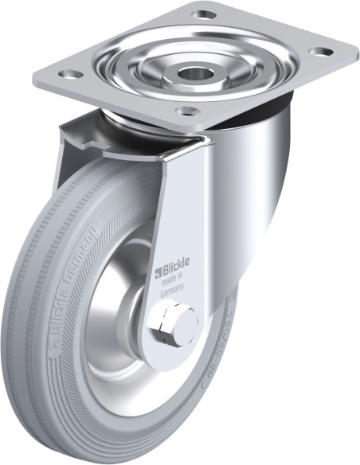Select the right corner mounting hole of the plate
pos(320,52)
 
